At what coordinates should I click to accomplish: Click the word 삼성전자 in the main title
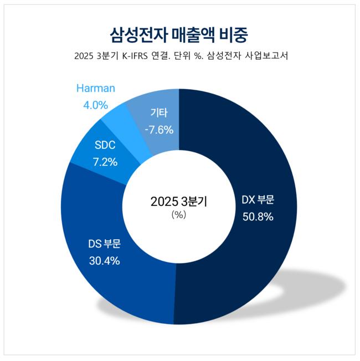pos(134,33)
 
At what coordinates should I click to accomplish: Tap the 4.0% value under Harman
pos(95,104)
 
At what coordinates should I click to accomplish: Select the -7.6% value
pos(159,130)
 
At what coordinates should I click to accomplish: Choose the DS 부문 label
pos(105,244)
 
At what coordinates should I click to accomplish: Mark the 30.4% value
pos(105,260)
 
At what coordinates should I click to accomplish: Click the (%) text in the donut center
pos(178,215)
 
